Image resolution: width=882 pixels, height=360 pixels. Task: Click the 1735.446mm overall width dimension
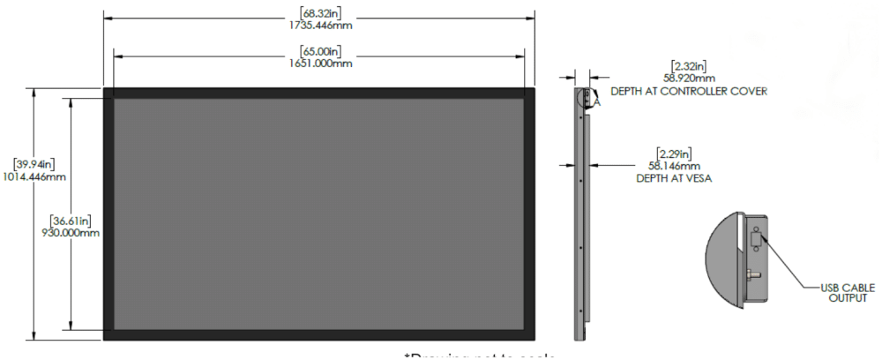coord(319,25)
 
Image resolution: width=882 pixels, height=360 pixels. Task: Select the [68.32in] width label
coord(319,13)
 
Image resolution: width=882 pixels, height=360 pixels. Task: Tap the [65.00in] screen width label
coord(319,51)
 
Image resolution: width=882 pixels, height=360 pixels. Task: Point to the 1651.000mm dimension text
coord(319,64)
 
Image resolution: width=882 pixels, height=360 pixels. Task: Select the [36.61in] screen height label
coord(69,221)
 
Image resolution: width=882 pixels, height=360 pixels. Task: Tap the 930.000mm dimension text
coord(69,233)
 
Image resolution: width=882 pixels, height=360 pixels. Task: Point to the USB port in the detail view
coord(756,239)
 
